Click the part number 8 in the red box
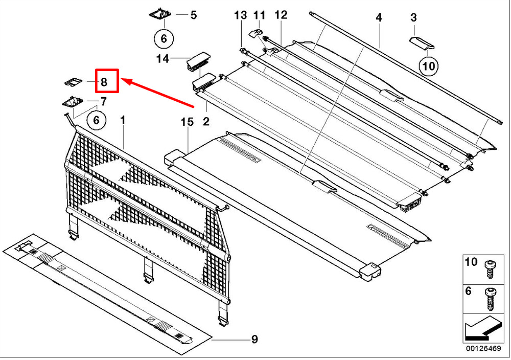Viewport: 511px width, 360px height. [x=104, y=81]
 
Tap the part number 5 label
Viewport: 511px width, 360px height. [x=193, y=15]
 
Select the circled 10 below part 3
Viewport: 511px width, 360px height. [x=428, y=65]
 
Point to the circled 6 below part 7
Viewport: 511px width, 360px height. [x=96, y=120]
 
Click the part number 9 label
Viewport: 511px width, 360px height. [x=254, y=339]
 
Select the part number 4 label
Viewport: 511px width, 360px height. [x=379, y=17]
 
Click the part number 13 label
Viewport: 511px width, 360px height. [x=240, y=15]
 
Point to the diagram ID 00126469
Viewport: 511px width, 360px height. [x=482, y=350]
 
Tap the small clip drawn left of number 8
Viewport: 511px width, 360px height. [x=72, y=81]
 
